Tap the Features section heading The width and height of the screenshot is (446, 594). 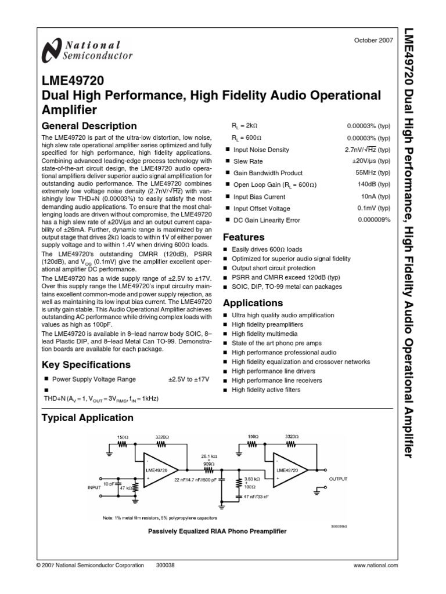click(244, 237)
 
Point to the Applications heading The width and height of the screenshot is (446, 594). click(253, 303)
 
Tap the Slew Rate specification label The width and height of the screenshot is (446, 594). click(248, 161)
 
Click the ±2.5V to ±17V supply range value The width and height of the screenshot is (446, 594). click(189, 379)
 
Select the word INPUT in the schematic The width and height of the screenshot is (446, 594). click(94, 488)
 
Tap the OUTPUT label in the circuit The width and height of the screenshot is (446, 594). click(338, 479)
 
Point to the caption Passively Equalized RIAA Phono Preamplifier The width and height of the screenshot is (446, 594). click(217, 531)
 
